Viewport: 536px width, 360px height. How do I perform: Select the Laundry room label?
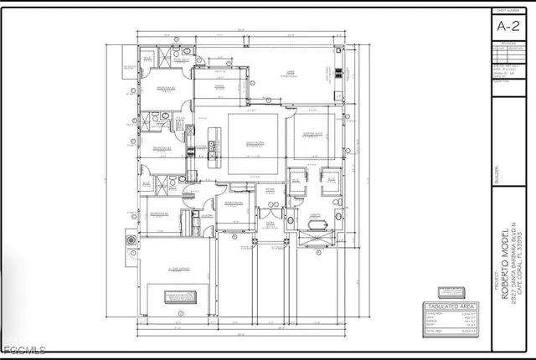(x=206, y=214)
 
